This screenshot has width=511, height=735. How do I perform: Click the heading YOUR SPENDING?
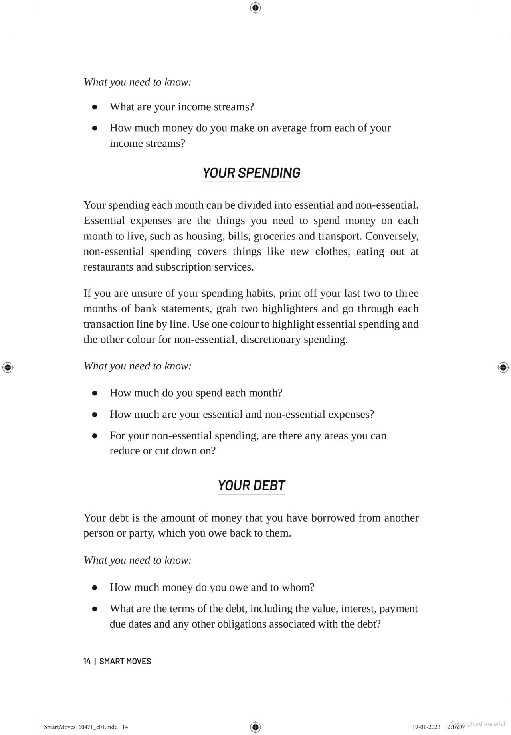pyautogui.click(x=251, y=173)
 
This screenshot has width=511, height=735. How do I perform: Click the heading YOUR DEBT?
pyautogui.click(x=251, y=486)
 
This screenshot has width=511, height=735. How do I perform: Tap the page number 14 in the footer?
pyautogui.click(x=87, y=661)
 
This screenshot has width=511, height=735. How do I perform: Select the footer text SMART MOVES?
pyautogui.click(x=125, y=661)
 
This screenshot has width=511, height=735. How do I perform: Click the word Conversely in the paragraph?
pyautogui.click(x=391, y=236)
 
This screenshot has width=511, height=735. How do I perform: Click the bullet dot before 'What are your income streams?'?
pyautogui.click(x=95, y=107)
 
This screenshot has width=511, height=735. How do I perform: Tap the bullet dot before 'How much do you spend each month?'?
pyautogui.click(x=95, y=393)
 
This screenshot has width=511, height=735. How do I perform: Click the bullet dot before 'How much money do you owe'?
pyautogui.click(x=95, y=587)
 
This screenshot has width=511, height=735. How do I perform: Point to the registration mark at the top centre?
pyautogui.click(x=255, y=8)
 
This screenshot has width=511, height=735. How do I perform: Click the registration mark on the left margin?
pyautogui.click(x=8, y=367)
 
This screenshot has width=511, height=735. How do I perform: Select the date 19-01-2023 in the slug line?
pyautogui.click(x=426, y=727)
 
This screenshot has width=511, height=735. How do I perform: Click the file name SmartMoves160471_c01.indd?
pyautogui.click(x=81, y=727)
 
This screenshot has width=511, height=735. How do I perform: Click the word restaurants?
pyautogui.click(x=108, y=267)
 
